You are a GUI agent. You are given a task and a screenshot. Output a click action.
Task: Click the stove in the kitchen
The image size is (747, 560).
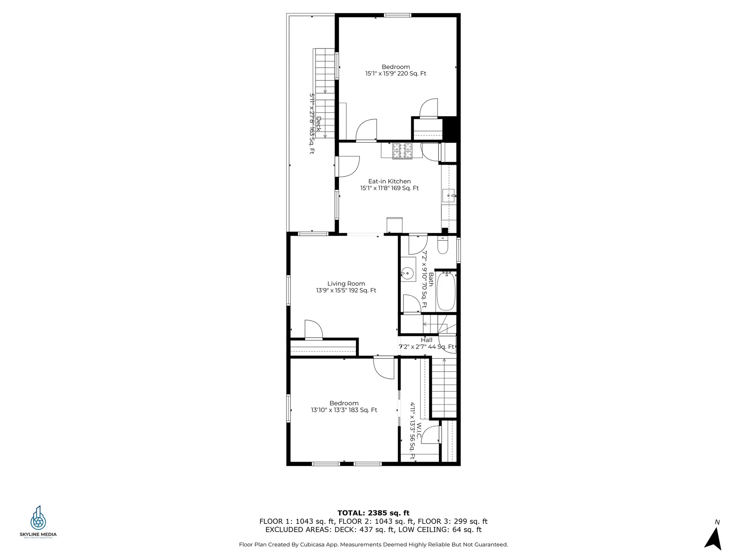pos(402,151)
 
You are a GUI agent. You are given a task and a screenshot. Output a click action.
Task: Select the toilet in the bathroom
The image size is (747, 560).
pos(443,245)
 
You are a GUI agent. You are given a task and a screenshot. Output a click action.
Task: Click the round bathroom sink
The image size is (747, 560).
pos(407,274)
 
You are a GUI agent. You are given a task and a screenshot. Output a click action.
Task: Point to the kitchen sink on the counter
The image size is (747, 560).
pos(449,196)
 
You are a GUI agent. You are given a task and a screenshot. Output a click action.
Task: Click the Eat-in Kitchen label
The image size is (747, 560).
pos(389,181)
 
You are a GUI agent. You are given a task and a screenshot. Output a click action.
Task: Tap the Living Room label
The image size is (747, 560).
pos(346,284)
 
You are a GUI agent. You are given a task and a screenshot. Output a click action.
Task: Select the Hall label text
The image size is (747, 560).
pos(426,340)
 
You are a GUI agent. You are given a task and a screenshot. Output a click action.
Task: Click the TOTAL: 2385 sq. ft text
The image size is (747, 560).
pos(373,513)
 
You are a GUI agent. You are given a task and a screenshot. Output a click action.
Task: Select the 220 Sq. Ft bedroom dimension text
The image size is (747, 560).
pos(396,73)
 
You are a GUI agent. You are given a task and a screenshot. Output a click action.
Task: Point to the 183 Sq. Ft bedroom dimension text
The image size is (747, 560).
pos(344,410)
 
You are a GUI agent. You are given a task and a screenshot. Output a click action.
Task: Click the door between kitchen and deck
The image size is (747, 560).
pos(347,166)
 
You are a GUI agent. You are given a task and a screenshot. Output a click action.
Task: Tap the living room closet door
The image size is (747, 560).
pos(314,330)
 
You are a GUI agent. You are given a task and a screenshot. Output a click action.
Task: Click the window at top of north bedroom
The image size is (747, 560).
pos(397,15)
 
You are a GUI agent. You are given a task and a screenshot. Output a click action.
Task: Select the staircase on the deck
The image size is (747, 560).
pos(324,93)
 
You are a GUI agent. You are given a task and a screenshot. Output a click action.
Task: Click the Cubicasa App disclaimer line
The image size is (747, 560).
pos(373,544)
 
